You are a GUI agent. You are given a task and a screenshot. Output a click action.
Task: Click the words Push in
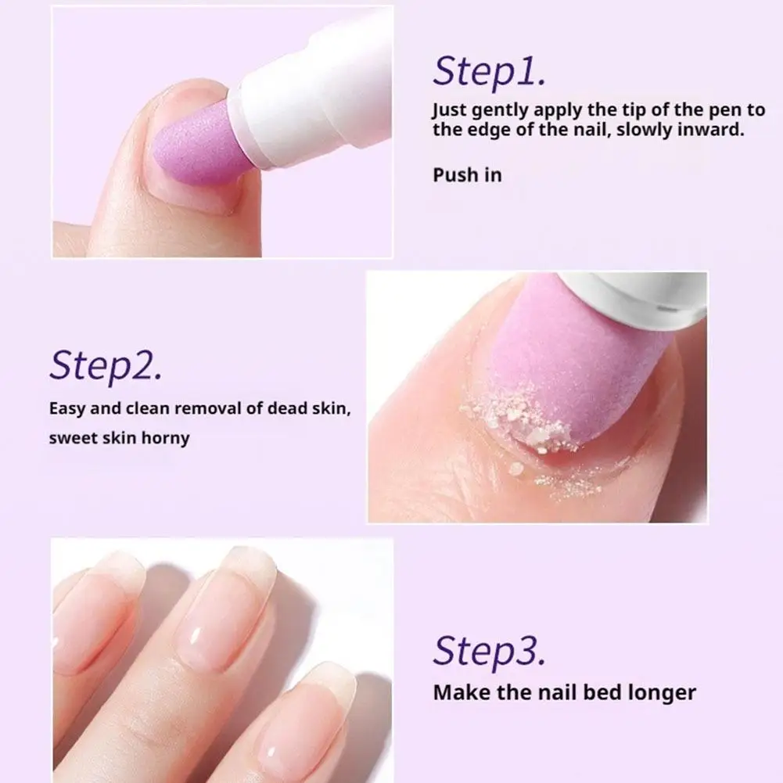coord(467,174)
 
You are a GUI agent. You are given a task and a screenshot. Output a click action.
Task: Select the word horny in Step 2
coord(165,437)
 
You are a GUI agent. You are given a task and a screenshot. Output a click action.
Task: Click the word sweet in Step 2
coord(74,437)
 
